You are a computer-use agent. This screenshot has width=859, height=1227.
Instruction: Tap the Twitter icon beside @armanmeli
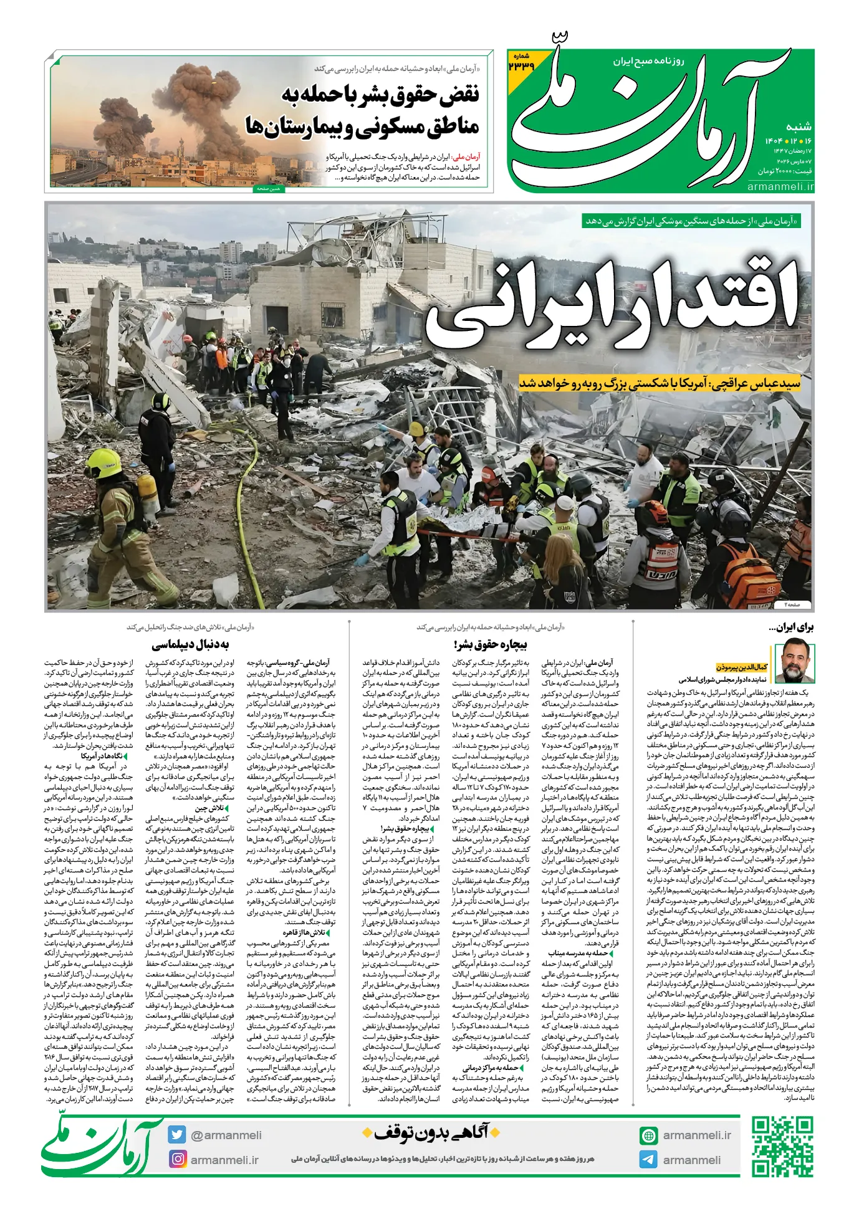click(177, 1135)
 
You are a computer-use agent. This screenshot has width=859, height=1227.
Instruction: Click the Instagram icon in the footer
click(178, 1159)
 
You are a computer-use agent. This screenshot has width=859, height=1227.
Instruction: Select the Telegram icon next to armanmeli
click(648, 1160)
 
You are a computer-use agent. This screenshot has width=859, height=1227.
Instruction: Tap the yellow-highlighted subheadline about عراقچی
click(660, 383)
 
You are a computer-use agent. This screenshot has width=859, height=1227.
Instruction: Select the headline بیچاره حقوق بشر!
click(491, 644)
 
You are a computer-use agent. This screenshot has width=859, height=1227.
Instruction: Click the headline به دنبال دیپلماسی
click(190, 644)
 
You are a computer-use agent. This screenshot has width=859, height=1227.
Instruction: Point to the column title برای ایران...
click(791, 627)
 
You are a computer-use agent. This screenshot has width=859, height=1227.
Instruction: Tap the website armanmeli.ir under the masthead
click(780, 186)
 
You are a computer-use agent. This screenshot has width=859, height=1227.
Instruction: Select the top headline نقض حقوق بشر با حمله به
click(380, 95)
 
